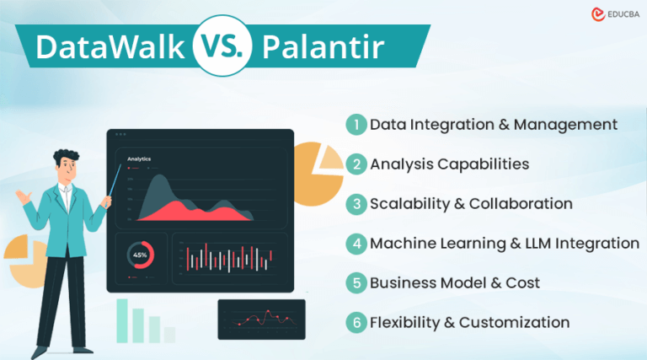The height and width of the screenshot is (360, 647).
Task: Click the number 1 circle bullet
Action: [356, 124]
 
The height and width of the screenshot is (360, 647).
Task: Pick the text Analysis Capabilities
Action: [449, 164]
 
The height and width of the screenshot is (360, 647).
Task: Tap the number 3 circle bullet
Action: [356, 203]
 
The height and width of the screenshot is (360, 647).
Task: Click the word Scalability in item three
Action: [409, 203]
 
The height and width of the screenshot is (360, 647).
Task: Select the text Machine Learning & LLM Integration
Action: [505, 243]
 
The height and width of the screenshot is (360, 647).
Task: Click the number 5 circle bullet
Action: [356, 282]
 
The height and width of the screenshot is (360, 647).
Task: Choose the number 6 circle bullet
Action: [356, 321]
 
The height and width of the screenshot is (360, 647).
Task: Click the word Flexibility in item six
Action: [409, 321]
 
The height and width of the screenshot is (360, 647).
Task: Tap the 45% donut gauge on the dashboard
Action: [140, 255]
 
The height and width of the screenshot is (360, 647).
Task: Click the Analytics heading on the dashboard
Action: [139, 159]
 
